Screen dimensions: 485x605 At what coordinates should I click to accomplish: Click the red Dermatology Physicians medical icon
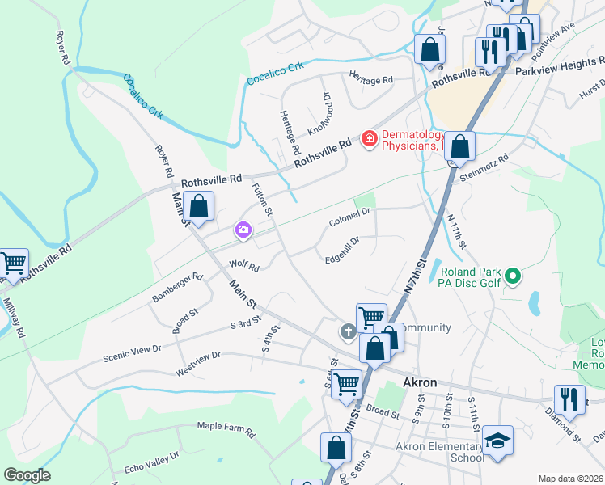point(370,139)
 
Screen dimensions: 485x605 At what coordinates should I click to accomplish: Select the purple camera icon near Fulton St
point(243,231)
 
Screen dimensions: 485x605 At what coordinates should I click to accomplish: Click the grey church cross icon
point(348,331)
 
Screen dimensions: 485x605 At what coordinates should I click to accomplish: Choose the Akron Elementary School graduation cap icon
point(498,441)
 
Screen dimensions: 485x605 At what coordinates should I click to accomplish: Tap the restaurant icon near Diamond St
point(569,399)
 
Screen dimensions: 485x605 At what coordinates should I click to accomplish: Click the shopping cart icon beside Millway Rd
point(13,263)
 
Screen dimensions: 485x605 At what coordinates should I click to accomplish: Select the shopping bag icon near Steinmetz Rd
point(459,147)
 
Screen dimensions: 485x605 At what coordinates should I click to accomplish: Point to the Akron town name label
point(420,382)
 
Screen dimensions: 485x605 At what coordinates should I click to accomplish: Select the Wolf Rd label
point(243,266)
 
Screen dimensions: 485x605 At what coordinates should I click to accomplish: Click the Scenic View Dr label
point(133,353)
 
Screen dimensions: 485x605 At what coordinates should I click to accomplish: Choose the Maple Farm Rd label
point(226,429)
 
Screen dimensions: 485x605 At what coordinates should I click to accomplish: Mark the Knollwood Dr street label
point(319,118)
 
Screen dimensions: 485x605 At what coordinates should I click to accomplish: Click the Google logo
point(27,475)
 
